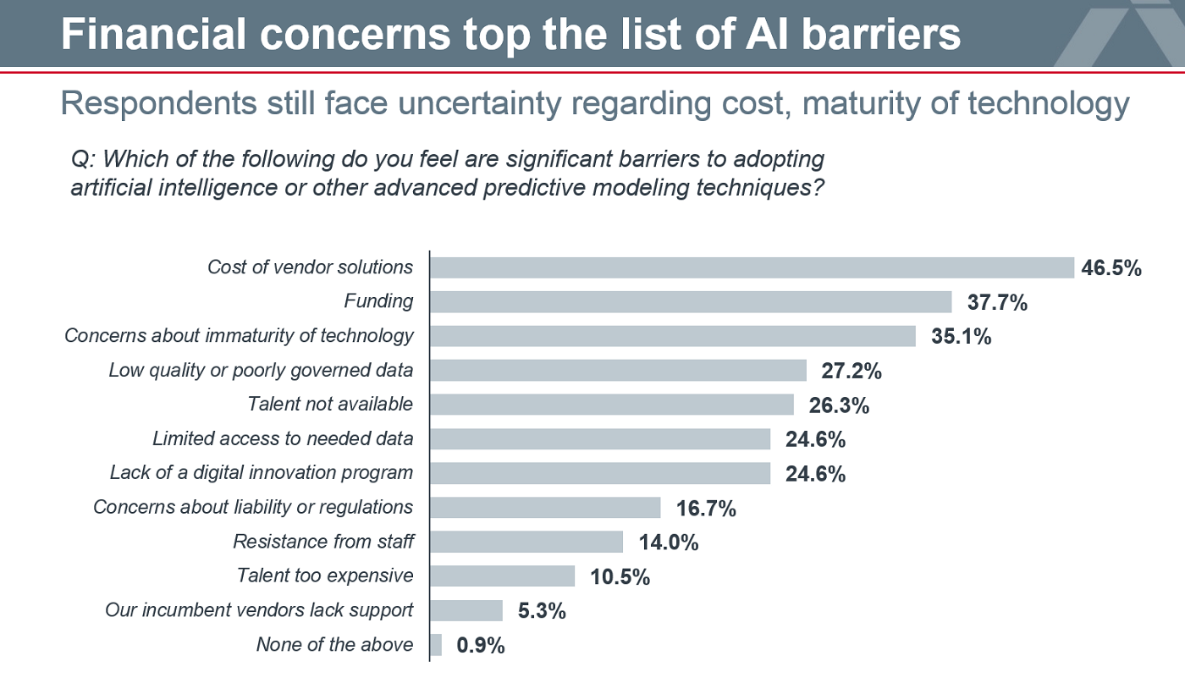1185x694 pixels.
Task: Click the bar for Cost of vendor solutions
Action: click(752, 267)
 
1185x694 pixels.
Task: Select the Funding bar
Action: click(692, 302)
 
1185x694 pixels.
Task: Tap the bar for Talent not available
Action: click(612, 405)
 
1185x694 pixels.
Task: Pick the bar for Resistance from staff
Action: click(526, 542)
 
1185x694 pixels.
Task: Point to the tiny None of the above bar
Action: click(436, 645)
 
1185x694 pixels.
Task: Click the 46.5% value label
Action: click(1111, 268)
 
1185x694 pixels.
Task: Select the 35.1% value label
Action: click(961, 337)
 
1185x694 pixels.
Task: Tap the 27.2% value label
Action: click(852, 371)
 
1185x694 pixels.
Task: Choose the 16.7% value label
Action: click(706, 509)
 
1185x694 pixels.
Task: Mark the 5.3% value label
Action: click(536, 611)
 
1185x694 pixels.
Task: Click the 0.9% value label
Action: click(481, 646)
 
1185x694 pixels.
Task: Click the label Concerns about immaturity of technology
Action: click(239, 336)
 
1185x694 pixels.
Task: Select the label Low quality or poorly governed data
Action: click(261, 370)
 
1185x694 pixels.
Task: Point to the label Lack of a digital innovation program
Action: click(262, 472)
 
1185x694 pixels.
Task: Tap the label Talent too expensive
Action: click(325, 576)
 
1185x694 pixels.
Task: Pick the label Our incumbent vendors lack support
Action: click(259, 610)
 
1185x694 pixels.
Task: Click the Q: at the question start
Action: click(82, 159)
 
